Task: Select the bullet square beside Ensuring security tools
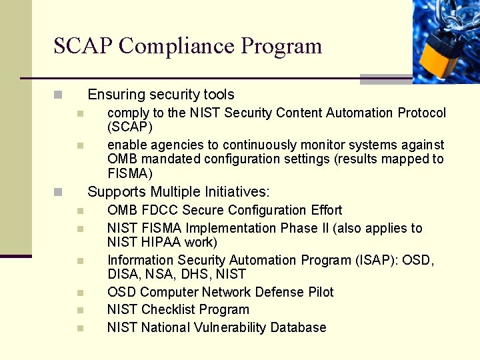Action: click(59, 95)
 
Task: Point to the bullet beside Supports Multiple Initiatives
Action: click(59, 192)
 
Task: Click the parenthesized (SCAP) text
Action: click(130, 127)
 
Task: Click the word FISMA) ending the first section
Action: click(130, 173)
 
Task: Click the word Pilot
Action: click(319, 292)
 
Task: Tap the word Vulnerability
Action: click(230, 327)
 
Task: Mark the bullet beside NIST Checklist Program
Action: click(79, 310)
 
